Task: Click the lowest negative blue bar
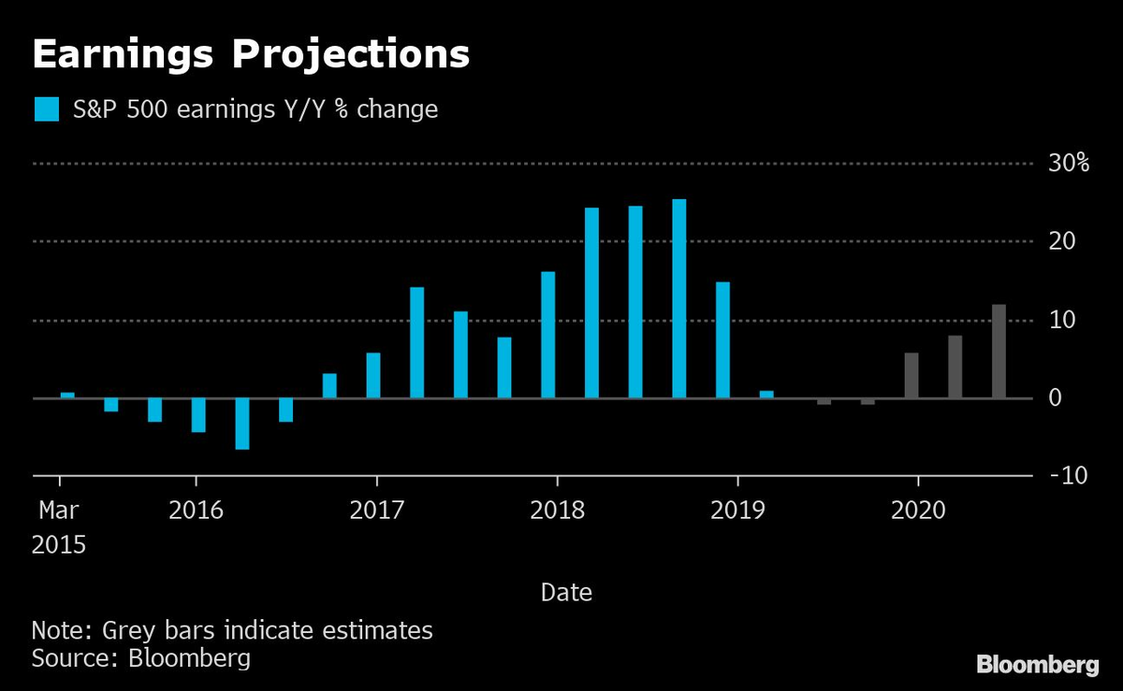coord(242,425)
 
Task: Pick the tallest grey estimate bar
coord(999,353)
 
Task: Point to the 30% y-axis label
coord(1069,164)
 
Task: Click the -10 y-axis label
coord(1069,477)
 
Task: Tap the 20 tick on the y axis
coord(1063,241)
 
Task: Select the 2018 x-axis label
coord(557,511)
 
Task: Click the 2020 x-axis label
coord(918,511)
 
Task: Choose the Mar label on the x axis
coord(59,511)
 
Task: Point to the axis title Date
coord(566,592)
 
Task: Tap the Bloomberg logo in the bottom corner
coord(1037,665)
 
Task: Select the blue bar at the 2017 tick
coord(373,376)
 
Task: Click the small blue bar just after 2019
coord(766,395)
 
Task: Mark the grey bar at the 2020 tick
coord(912,376)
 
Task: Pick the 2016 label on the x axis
coord(196,511)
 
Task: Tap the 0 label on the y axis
coord(1056,398)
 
